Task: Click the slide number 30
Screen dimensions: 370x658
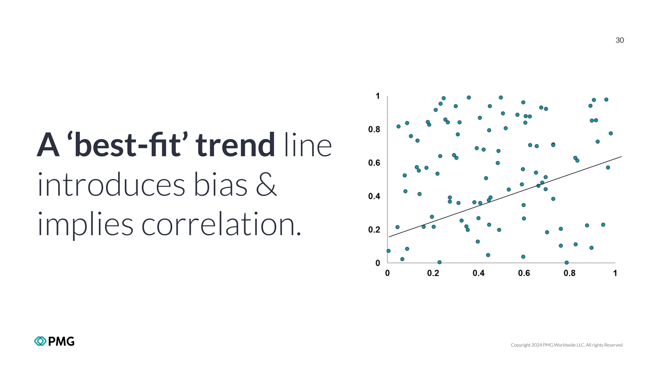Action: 619,40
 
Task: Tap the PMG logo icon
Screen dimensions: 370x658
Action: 40,341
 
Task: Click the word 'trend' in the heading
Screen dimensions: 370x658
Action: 235,145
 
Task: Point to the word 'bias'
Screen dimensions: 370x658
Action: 221,185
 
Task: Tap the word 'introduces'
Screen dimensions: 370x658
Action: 111,185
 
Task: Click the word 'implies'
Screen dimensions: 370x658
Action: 85,225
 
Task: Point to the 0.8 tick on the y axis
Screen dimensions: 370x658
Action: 374,129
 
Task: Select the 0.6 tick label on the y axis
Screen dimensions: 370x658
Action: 374,163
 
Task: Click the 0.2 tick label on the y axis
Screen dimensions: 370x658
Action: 374,230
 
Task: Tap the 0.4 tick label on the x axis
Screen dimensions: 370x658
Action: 478,273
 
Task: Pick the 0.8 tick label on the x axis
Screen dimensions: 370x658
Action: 569,273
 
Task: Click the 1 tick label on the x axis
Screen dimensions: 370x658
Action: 615,273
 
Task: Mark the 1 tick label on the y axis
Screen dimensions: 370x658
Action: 378,96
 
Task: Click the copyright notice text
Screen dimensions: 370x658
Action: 566,345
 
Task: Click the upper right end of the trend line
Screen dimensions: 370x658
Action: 621,157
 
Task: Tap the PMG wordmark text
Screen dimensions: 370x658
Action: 61,341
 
